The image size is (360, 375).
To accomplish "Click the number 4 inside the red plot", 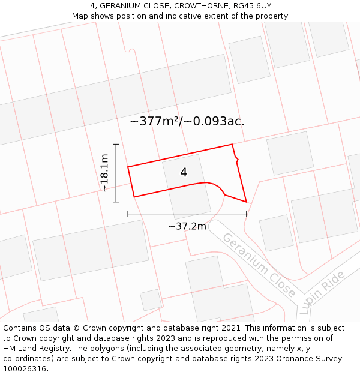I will point(184,172).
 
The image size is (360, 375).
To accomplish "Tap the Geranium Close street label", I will point(259,265).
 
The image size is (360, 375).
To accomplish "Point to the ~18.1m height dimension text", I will point(104,173).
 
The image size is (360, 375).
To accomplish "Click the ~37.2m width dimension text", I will point(187,226).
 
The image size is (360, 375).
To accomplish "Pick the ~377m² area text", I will point(155,121).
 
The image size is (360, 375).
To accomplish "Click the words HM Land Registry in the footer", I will point(31,349).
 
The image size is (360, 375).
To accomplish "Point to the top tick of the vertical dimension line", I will point(116,145).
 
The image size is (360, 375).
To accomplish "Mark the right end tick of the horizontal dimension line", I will point(247,213).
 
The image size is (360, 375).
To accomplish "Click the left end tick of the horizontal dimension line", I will point(128,213).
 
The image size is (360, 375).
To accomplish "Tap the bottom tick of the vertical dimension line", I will point(116,202).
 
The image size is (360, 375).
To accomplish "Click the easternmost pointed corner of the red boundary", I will point(247,202).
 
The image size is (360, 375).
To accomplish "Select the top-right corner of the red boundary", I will point(232,145).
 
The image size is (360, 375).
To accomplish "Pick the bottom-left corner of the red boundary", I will point(134,197).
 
